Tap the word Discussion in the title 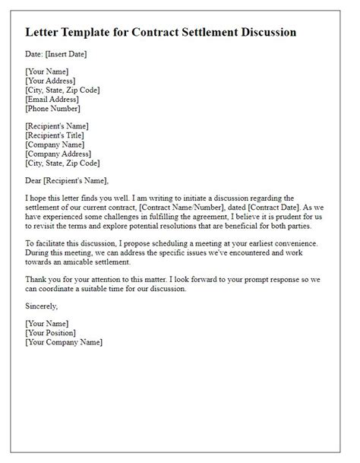(x=262, y=33)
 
